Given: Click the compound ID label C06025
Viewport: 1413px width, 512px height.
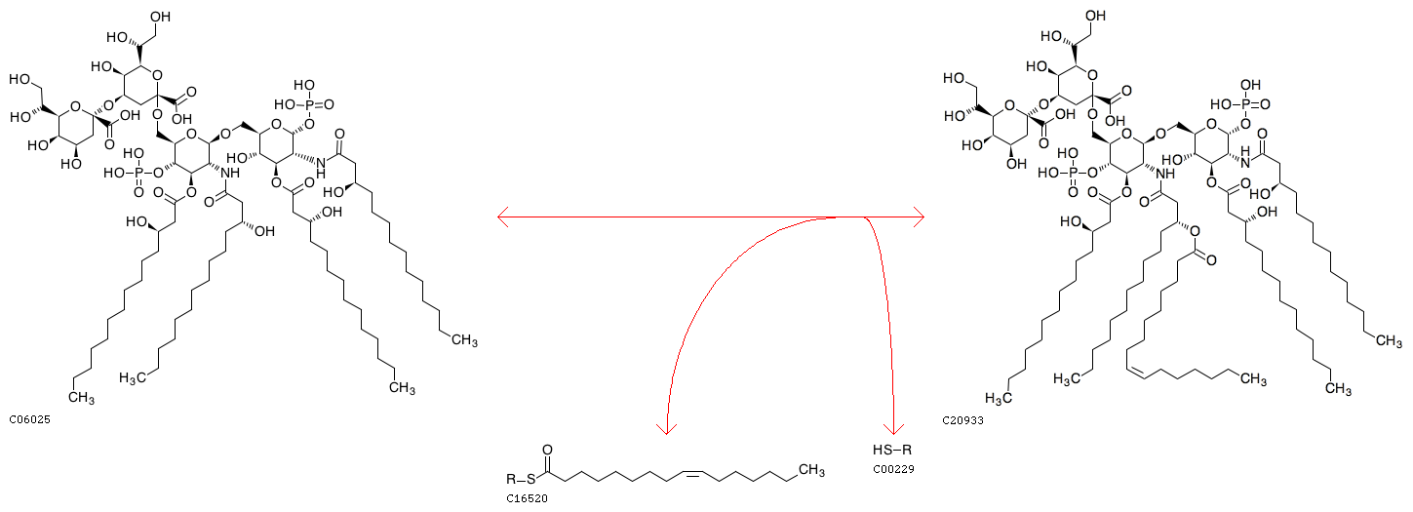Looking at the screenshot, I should (29, 420).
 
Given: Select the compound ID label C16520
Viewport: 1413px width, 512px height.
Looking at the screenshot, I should (527, 497).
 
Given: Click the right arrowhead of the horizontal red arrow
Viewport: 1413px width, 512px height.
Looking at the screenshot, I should (918, 217).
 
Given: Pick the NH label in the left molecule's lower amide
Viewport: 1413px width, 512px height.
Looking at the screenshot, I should (230, 173).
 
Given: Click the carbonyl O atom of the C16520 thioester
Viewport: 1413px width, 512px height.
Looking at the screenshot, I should (548, 453).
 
